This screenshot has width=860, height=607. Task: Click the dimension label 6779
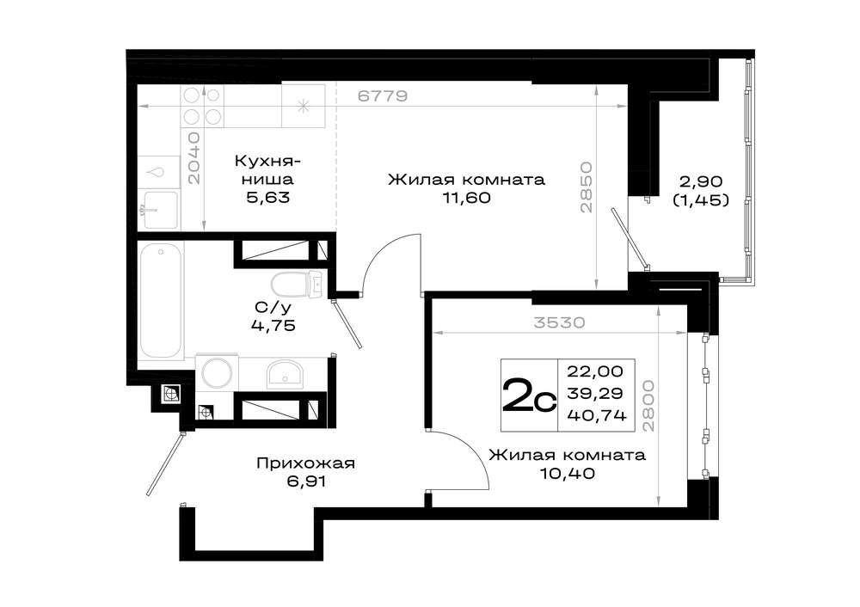[383, 96]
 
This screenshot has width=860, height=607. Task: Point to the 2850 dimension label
[587, 187]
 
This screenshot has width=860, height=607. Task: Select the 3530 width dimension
[560, 322]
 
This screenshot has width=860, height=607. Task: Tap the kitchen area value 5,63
[267, 198]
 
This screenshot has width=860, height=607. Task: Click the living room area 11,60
[466, 198]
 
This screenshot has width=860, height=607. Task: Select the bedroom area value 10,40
[568, 473]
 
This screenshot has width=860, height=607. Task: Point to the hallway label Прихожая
[305, 463]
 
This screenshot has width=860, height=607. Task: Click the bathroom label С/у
[273, 308]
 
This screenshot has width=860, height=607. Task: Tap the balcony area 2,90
[702, 181]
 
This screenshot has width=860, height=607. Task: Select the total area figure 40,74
[597, 415]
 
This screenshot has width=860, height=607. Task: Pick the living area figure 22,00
[595, 371]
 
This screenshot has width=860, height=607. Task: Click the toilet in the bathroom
[296, 284]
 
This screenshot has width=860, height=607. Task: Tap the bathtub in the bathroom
[161, 301]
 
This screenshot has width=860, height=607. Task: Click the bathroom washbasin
[286, 374]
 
